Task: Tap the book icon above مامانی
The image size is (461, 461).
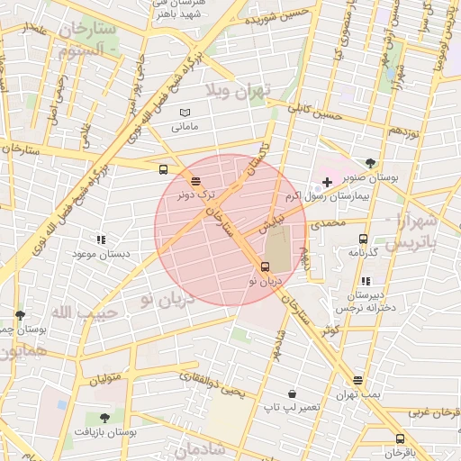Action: [185, 112]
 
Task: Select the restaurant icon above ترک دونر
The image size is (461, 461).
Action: [196, 181]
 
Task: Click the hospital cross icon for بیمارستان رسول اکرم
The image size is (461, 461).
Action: [327, 182]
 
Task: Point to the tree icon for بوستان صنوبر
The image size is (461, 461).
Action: [370, 163]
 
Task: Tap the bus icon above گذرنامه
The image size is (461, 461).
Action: [363, 240]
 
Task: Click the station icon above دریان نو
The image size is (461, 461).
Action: [265, 267]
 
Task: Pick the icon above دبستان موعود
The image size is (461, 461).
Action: [101, 240]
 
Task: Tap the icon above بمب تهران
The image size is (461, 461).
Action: [358, 380]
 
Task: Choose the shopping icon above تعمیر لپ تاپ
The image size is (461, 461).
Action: [292, 393]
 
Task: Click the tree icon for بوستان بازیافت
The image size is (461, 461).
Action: [104, 418]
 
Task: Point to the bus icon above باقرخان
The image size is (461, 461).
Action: [401, 438]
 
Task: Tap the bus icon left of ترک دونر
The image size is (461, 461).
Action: [163, 168]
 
